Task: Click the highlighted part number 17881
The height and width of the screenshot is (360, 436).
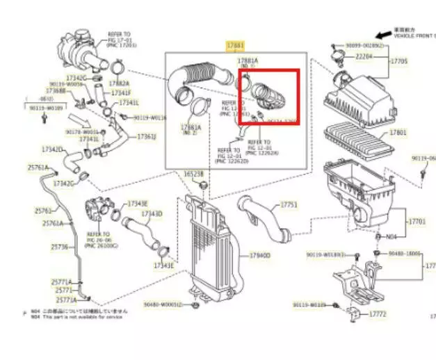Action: (x=236, y=45)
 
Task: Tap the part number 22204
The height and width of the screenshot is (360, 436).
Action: (x=365, y=56)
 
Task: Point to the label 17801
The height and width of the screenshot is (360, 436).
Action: (x=398, y=132)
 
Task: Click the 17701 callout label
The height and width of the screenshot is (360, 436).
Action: (x=416, y=221)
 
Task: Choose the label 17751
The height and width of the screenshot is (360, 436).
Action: (x=289, y=205)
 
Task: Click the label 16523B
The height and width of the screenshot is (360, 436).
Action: (x=193, y=174)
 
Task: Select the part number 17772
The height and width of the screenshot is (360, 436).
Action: (x=378, y=314)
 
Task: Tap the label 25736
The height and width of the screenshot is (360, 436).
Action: (x=60, y=247)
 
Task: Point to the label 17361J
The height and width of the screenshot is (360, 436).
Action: (x=145, y=136)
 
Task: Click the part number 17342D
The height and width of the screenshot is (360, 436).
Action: (x=52, y=149)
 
